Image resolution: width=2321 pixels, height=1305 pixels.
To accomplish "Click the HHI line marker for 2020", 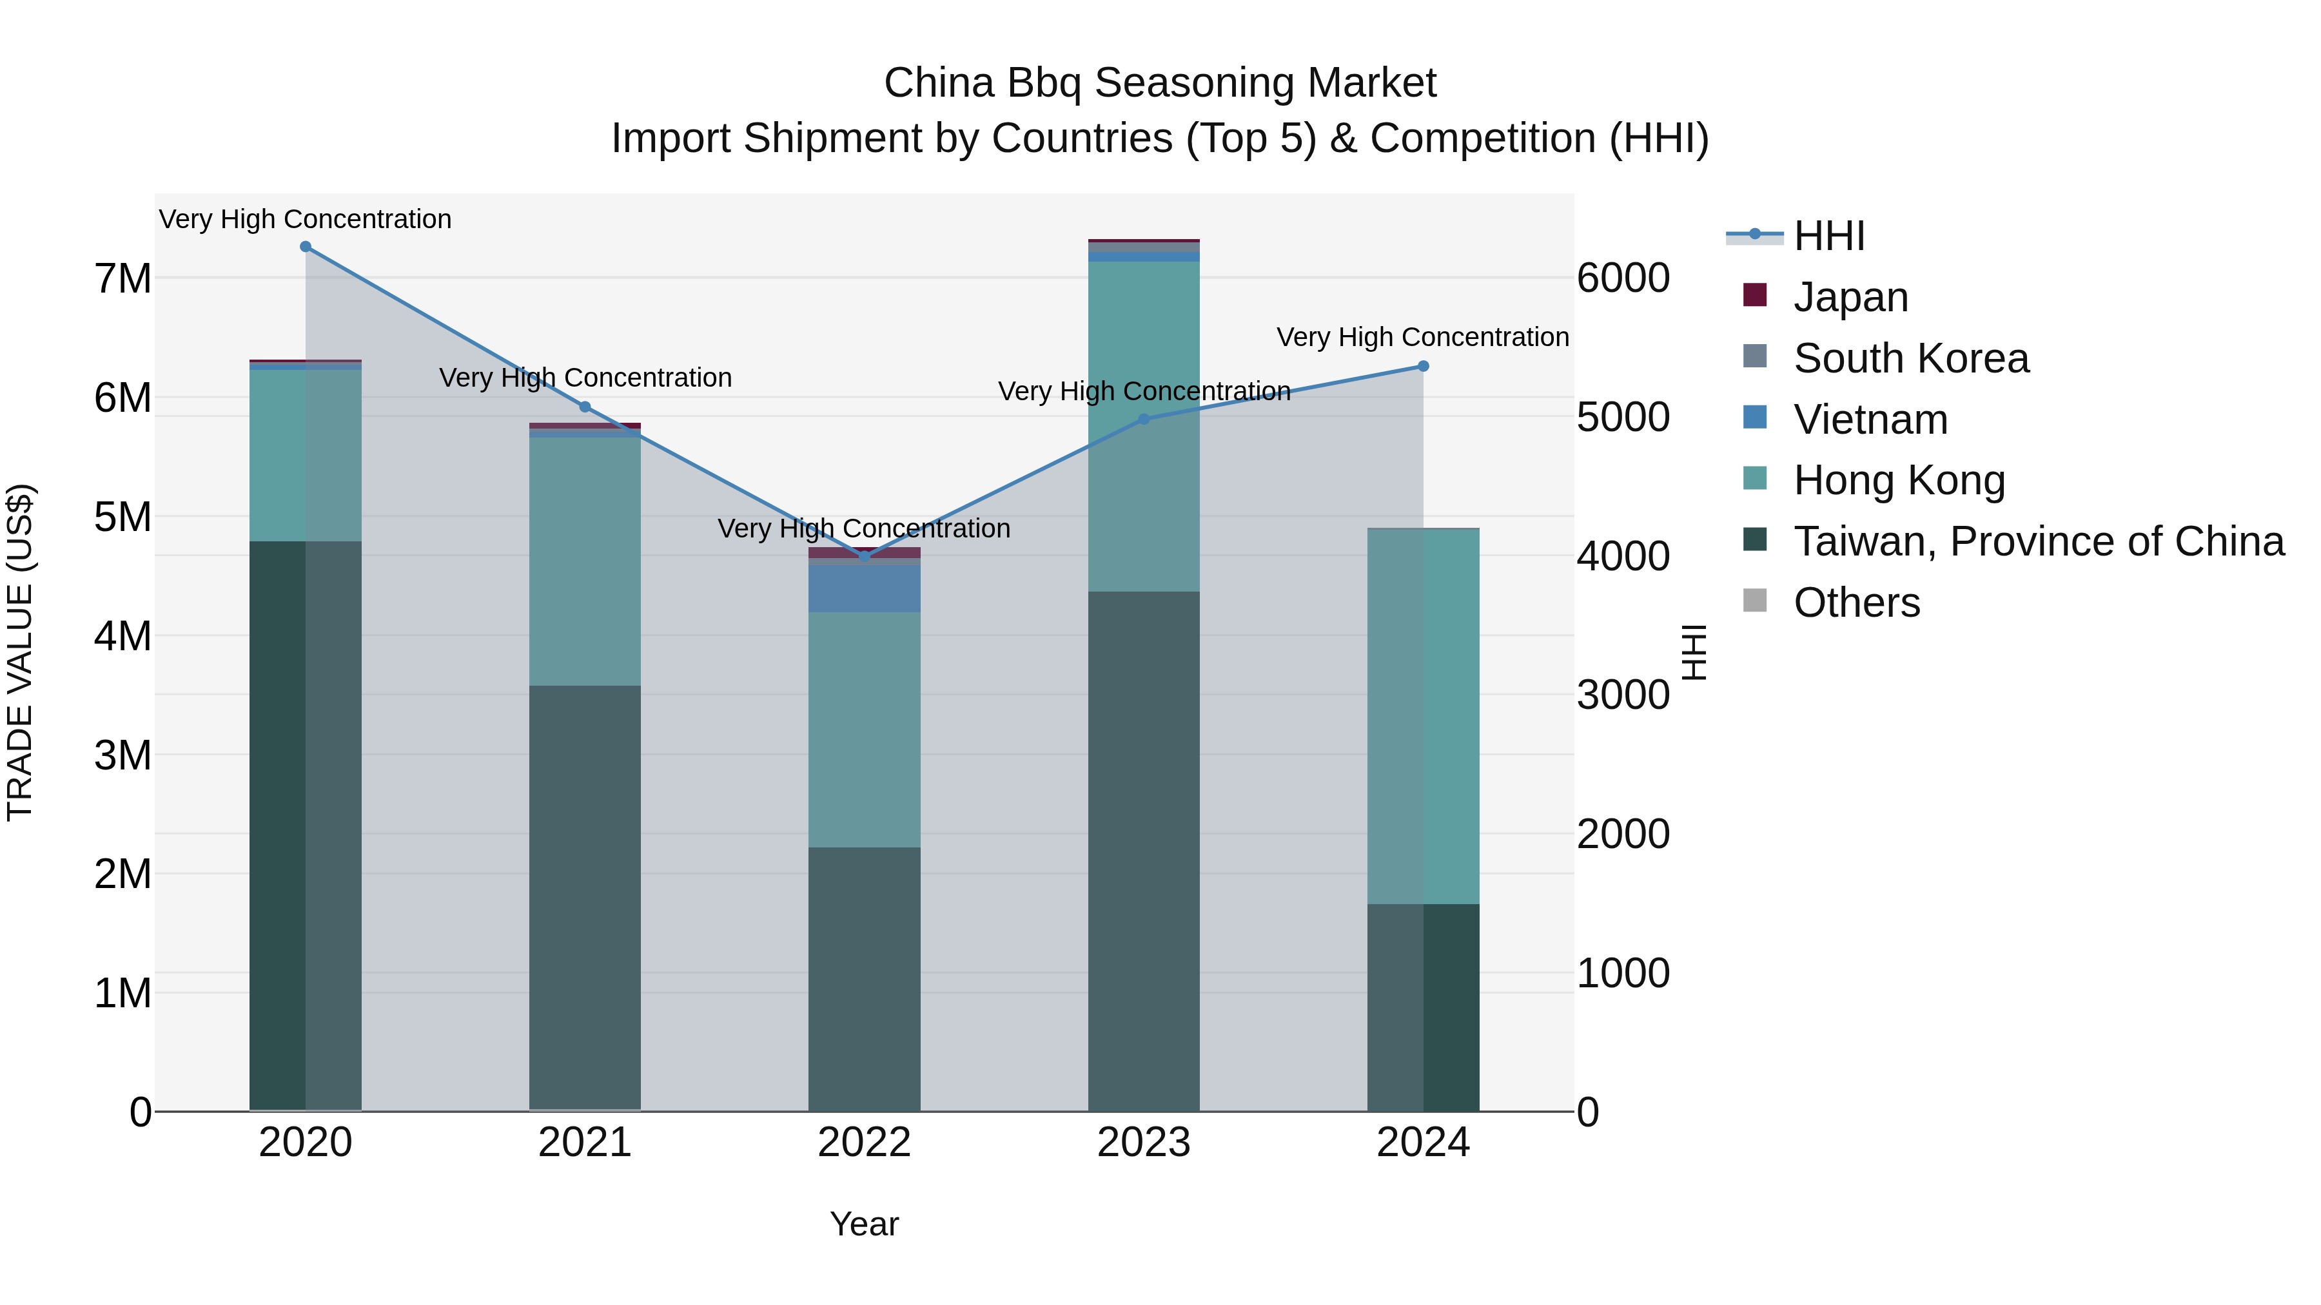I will coord(306,247).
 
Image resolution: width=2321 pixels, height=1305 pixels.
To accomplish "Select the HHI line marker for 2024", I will coord(1424,367).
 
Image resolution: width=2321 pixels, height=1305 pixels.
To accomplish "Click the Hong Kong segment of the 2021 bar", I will coord(585,562).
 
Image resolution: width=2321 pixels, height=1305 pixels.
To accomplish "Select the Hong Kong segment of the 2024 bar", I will coord(1424,716).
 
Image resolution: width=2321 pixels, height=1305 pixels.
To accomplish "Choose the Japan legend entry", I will coord(1850,297).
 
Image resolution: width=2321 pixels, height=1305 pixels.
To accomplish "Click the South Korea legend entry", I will coord(1910,358).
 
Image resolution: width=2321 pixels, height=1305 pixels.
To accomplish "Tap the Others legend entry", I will coord(1856,603).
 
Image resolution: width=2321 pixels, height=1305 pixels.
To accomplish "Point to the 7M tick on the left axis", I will coord(122,278).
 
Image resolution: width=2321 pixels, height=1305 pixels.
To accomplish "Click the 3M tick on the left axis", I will coord(122,755).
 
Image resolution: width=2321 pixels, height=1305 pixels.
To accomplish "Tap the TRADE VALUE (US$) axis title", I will coord(20,652).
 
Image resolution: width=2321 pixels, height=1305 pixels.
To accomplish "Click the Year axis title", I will coord(864,1224).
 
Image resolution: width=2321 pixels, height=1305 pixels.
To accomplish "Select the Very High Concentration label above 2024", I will coord(1423,337).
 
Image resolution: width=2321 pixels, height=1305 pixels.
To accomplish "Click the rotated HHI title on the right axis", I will coord(1694,652).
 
